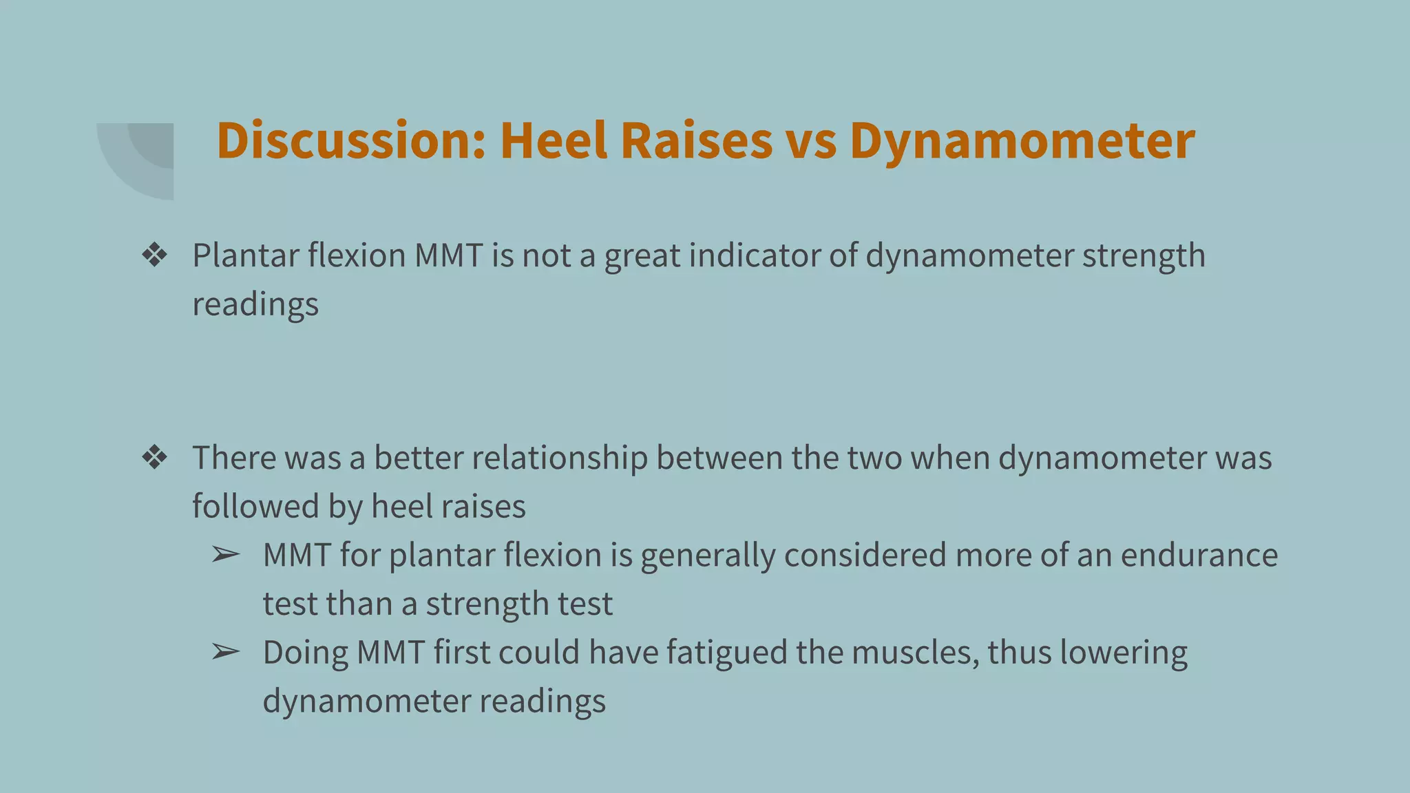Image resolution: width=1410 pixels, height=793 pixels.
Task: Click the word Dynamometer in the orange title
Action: pos(1022,141)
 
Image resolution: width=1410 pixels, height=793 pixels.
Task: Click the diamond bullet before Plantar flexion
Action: pos(154,255)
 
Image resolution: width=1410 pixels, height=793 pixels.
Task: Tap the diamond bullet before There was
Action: pos(154,458)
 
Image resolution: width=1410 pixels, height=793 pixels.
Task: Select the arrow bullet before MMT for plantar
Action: pos(225,555)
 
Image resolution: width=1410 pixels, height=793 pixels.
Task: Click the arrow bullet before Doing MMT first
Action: pos(225,652)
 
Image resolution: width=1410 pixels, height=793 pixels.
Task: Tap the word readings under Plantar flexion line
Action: pos(255,304)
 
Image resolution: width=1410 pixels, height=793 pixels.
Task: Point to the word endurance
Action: pos(1199,555)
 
